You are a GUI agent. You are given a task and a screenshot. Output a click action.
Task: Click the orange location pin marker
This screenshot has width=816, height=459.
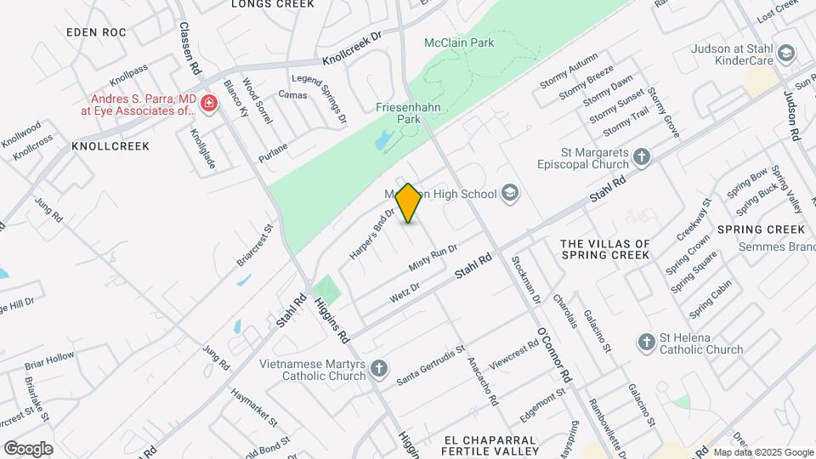pyautogui.click(x=409, y=204)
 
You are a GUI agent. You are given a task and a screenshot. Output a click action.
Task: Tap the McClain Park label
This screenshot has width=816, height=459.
pyautogui.click(x=459, y=42)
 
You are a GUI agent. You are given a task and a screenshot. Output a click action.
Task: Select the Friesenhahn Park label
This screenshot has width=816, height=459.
pyautogui.click(x=399, y=114)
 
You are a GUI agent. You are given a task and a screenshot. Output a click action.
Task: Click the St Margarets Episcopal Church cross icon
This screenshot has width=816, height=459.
pyautogui.click(x=642, y=156)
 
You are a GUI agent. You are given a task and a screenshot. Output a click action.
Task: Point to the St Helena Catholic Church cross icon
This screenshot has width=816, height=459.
pyautogui.click(x=646, y=343)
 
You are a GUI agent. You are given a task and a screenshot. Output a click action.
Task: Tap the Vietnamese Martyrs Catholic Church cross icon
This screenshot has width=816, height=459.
pyautogui.click(x=379, y=368)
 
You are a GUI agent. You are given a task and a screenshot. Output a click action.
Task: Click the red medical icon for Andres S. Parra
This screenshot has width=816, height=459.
pyautogui.click(x=208, y=104)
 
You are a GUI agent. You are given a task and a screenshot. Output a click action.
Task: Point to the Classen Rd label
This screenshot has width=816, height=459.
pyautogui.click(x=189, y=47)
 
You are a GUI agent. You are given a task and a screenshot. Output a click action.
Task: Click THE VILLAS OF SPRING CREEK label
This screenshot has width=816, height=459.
pyautogui.click(x=605, y=249)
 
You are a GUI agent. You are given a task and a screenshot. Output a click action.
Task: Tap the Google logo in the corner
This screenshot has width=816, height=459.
pyautogui.click(x=28, y=448)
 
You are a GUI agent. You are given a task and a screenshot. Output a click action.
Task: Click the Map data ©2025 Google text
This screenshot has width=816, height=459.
pyautogui.click(x=762, y=452)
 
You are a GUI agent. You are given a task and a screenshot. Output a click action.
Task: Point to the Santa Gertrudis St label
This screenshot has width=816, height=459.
pyautogui.click(x=431, y=364)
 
